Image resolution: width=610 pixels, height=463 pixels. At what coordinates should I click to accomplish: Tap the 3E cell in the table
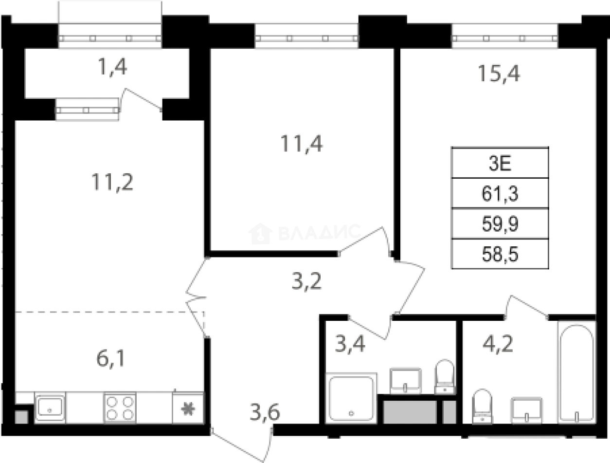(500, 163)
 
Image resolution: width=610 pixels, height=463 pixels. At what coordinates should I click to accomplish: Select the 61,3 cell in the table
(500, 194)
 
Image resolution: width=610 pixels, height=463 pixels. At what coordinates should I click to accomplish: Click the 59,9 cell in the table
(500, 224)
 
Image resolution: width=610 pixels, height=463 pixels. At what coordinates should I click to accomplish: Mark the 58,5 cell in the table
(500, 254)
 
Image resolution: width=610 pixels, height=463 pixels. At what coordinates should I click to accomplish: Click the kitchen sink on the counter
(50, 407)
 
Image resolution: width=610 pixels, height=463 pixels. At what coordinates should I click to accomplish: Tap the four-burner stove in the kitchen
(120, 407)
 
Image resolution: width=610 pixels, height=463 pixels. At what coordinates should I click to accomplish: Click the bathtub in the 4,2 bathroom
(576, 372)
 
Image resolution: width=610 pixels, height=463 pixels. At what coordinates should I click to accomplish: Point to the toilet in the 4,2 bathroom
(482, 406)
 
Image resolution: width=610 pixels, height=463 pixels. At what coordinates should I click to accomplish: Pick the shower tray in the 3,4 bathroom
(351, 398)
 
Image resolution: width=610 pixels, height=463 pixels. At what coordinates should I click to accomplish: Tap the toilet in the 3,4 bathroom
(444, 376)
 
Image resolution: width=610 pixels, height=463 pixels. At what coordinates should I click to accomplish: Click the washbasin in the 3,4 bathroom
(406, 379)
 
